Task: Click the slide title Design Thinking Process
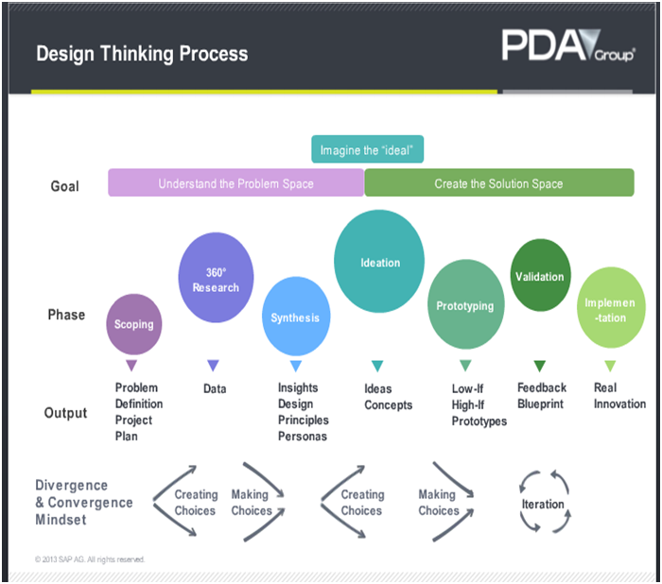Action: coord(142,53)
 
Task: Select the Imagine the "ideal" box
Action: coord(368,149)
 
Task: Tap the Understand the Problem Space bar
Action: coord(235,183)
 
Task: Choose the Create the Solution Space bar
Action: coord(498,183)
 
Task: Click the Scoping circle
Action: coord(133,324)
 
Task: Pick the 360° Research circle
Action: coord(216,280)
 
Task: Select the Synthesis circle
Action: coord(295,318)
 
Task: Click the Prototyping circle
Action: coord(465,305)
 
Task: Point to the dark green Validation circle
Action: coord(539,277)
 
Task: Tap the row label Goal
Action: coord(65,186)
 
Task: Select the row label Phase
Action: coord(66,315)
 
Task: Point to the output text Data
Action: coord(215,388)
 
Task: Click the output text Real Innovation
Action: coord(619,396)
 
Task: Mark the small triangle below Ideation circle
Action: coord(377,366)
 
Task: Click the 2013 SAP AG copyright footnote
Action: coord(90,558)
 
